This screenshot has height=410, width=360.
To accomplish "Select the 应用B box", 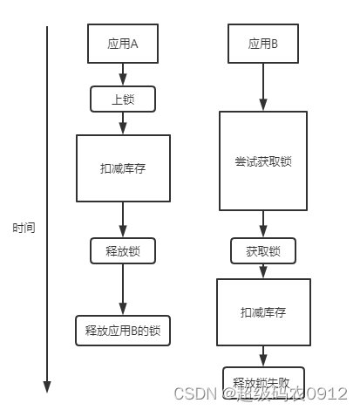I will (x=262, y=44).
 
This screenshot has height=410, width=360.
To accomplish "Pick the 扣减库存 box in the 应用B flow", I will (x=262, y=311).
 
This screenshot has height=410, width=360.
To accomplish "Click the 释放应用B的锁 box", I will (x=123, y=330).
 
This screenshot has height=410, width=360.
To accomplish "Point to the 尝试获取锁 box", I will (x=262, y=161).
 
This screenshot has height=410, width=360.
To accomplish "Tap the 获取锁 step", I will (x=262, y=250).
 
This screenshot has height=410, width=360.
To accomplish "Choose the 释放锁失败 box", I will (x=262, y=379).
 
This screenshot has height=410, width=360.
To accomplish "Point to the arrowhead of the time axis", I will (x=48, y=386).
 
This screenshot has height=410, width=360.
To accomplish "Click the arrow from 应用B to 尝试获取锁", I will (x=262, y=86).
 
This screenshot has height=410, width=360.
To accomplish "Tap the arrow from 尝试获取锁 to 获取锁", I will (x=262, y=224).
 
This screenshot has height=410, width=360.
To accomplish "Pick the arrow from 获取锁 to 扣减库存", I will (x=262, y=270).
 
